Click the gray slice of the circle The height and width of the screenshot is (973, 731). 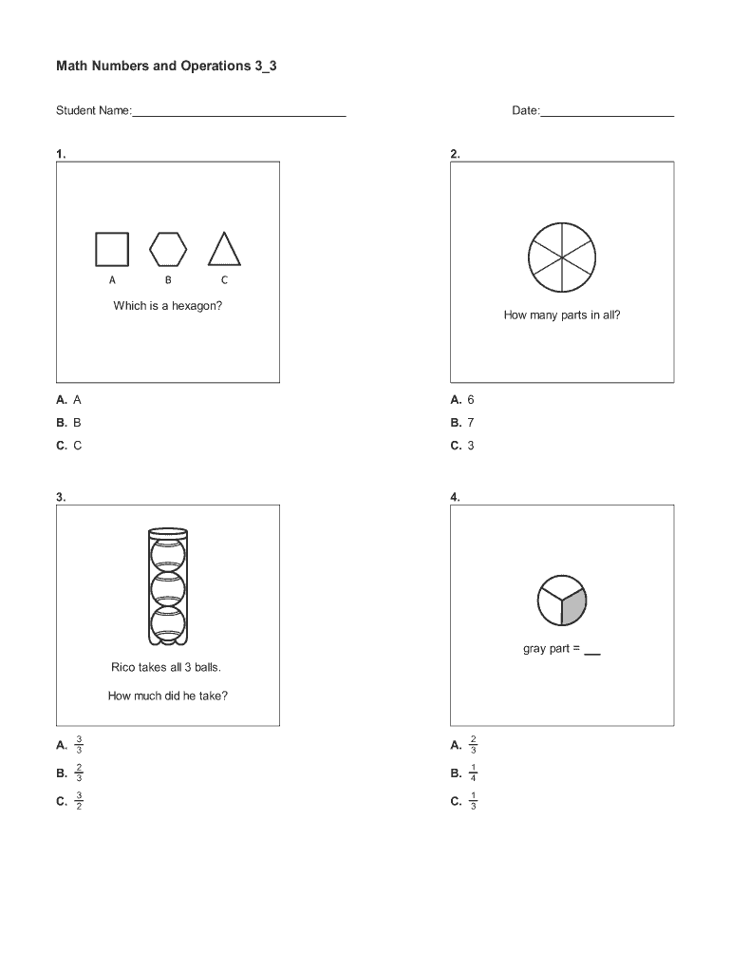(573, 605)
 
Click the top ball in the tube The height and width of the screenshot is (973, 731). (168, 555)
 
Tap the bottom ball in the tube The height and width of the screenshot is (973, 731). (168, 623)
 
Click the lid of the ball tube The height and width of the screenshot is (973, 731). (168, 532)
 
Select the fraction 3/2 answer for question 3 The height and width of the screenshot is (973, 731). (69, 801)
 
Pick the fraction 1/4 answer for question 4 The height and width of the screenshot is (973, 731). (464, 773)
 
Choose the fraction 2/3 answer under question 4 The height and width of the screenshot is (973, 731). (464, 745)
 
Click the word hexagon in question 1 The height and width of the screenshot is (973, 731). (197, 306)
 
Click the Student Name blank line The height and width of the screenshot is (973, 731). (239, 116)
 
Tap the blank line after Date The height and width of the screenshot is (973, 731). (607, 116)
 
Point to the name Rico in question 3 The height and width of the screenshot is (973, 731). (122, 667)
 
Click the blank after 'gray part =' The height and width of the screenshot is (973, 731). (592, 654)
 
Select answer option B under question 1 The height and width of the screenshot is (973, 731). (68, 423)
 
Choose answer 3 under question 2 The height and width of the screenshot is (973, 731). (462, 446)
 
